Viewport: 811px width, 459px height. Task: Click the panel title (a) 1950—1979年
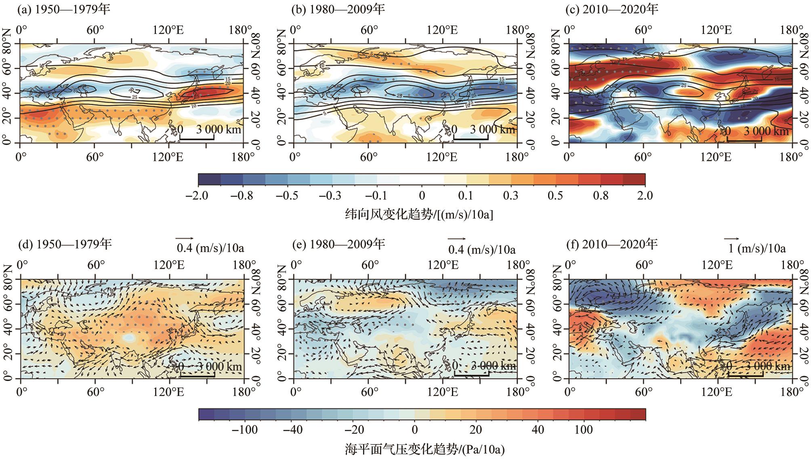click(x=63, y=9)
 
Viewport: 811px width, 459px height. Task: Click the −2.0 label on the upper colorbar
click(x=197, y=196)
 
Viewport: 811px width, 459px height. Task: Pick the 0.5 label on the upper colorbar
click(x=555, y=196)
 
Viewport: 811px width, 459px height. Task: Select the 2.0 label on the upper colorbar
click(x=645, y=196)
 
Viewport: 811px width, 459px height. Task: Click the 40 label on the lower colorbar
click(x=538, y=429)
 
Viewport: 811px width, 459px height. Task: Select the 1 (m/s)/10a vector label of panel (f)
click(x=757, y=248)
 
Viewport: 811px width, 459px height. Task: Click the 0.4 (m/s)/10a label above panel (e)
click(x=482, y=249)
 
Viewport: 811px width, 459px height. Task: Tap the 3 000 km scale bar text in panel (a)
click(x=219, y=129)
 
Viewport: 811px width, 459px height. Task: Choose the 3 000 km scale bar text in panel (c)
click(x=766, y=131)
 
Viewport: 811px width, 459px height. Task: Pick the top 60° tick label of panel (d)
click(x=96, y=265)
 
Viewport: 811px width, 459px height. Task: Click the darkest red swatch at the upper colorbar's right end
click(x=634, y=179)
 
